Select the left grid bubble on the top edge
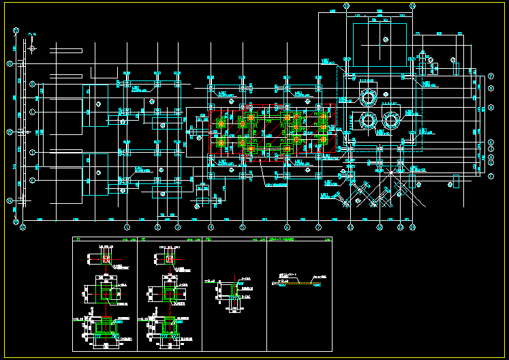(347, 5)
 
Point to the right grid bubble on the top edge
(412, 5)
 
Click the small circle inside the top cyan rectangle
(386, 39)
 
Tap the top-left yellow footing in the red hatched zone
(220, 123)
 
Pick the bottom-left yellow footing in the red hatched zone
(220, 142)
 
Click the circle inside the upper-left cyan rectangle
(99, 103)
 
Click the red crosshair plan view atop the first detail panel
(106, 259)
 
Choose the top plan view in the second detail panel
(168, 259)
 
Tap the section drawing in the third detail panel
(234, 292)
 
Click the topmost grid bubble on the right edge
(491, 76)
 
